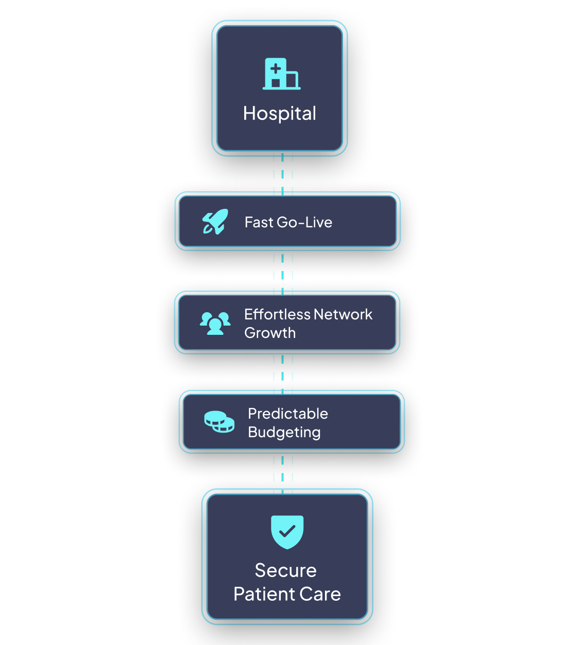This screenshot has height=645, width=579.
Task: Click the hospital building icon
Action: coord(281,74)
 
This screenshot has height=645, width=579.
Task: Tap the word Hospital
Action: coord(280,114)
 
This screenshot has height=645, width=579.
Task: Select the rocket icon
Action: coord(215,222)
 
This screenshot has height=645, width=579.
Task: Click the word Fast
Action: coord(259,222)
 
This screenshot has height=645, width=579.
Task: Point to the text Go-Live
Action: coord(304,222)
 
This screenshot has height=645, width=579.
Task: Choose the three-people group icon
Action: coord(215,323)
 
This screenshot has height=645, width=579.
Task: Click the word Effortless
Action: coord(277,314)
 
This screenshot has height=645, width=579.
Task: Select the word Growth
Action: coord(270,333)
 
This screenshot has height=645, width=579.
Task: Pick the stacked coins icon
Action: coord(219,422)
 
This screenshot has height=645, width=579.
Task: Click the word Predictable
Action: coord(288,414)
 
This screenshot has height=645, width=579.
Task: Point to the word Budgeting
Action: coord(284,433)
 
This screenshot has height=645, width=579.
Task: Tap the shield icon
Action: coord(287,531)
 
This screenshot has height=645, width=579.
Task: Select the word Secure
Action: coord(286,570)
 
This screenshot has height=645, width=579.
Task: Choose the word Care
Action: coord(320,594)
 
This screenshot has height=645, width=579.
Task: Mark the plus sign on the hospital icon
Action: coord(276,68)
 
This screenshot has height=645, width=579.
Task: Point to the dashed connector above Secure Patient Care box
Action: coord(283,471)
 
